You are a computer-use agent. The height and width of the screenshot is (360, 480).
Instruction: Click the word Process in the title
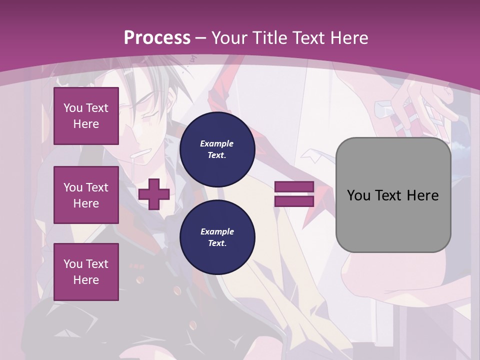click(x=157, y=38)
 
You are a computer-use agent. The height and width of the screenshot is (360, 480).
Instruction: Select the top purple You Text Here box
click(x=86, y=116)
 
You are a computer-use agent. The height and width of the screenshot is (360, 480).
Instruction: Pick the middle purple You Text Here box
click(x=86, y=195)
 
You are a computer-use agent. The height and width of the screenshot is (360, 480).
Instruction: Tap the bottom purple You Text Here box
click(x=86, y=272)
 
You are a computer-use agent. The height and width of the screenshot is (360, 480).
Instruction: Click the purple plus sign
click(x=154, y=194)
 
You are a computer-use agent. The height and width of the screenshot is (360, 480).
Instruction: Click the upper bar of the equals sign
click(x=294, y=187)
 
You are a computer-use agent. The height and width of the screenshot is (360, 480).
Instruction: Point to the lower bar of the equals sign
click(x=294, y=201)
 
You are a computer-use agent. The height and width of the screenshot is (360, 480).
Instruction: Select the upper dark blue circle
click(x=217, y=149)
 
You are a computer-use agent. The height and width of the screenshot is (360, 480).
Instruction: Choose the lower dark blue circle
click(x=217, y=237)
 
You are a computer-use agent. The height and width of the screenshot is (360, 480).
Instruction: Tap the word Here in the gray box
click(x=422, y=195)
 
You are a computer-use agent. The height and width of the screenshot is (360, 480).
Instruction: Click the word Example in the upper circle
click(x=217, y=143)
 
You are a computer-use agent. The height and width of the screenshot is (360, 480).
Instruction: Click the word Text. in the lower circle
click(x=217, y=243)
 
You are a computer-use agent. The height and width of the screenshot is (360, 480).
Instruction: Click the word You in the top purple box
click(x=72, y=108)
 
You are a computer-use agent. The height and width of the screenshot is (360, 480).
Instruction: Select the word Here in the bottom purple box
click(x=86, y=280)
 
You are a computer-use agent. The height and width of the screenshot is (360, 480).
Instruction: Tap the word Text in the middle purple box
click(x=96, y=187)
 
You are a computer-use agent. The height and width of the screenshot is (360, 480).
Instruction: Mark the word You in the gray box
click(x=358, y=195)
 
